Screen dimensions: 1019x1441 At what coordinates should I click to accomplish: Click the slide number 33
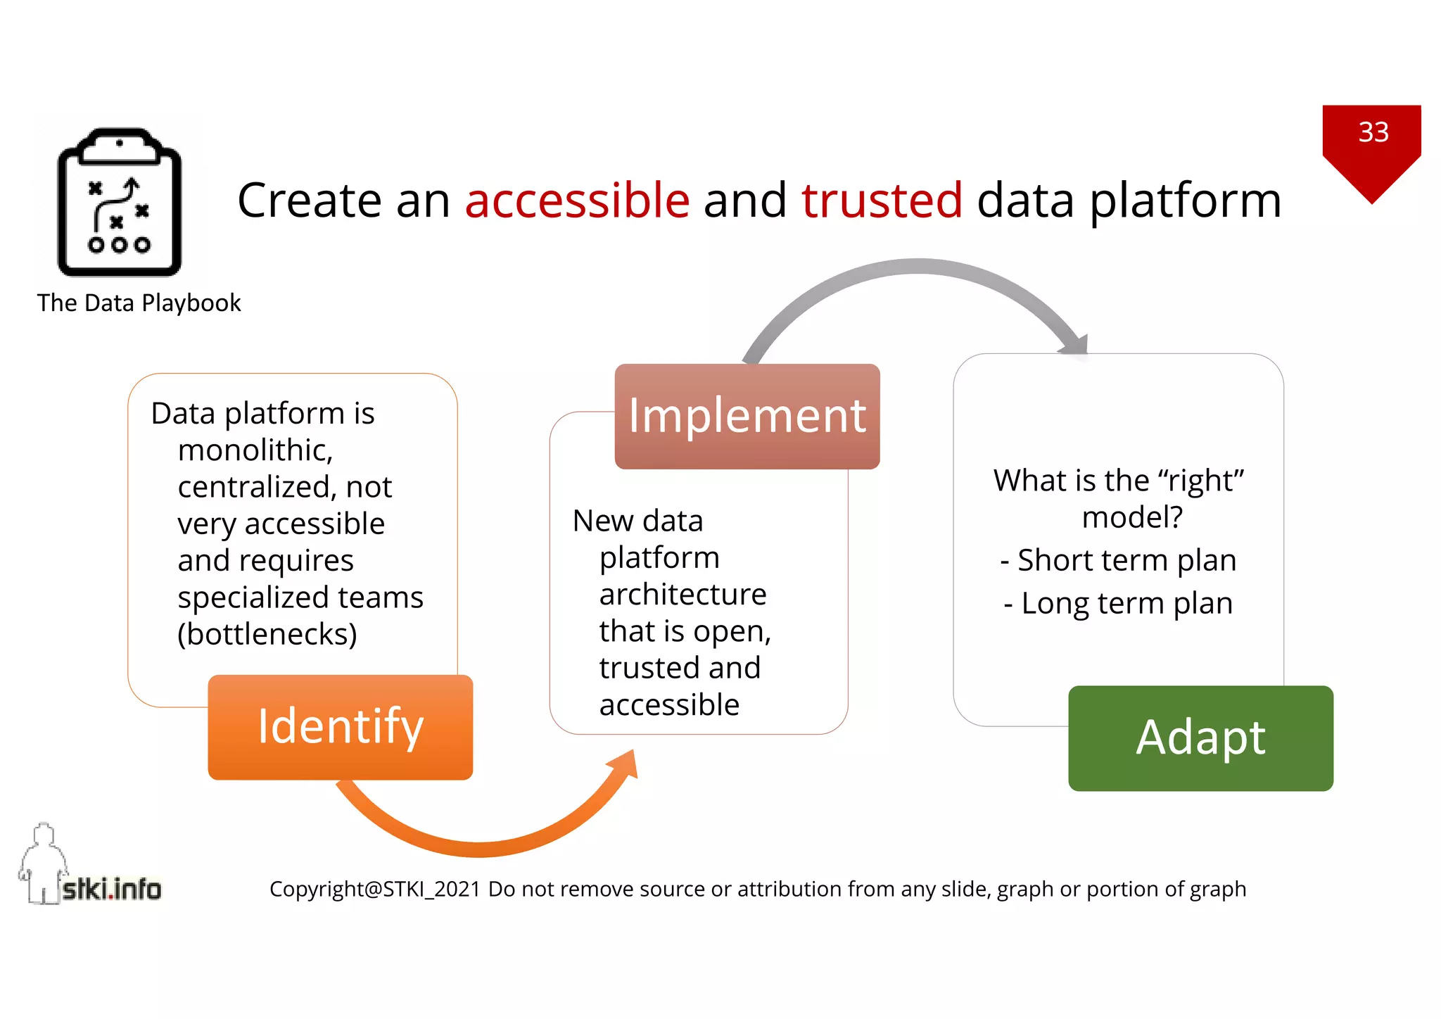coord(1373,132)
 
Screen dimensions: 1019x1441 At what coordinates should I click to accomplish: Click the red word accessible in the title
coord(577,201)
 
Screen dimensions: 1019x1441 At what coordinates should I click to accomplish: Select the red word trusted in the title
coord(881,201)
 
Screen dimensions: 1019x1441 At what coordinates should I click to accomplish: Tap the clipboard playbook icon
coord(120,203)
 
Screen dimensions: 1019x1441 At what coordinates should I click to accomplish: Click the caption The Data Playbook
coord(139,303)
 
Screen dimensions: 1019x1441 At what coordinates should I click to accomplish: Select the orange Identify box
coord(340,727)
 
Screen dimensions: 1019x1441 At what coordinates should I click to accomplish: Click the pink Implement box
coord(747,416)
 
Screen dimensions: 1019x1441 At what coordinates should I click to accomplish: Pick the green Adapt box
coord(1200,738)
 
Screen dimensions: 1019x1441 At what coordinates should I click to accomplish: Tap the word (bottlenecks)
coord(267,634)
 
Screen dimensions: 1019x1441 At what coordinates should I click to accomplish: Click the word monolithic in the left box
coord(255,450)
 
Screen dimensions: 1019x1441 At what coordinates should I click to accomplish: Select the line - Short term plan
coord(1118,561)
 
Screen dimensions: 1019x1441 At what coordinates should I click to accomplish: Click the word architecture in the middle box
coord(683,595)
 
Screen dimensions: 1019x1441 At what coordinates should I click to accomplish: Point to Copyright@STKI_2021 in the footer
coord(374,890)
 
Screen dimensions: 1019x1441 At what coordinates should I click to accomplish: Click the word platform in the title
coord(1185,201)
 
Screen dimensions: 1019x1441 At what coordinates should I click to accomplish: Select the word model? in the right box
coord(1131,518)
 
